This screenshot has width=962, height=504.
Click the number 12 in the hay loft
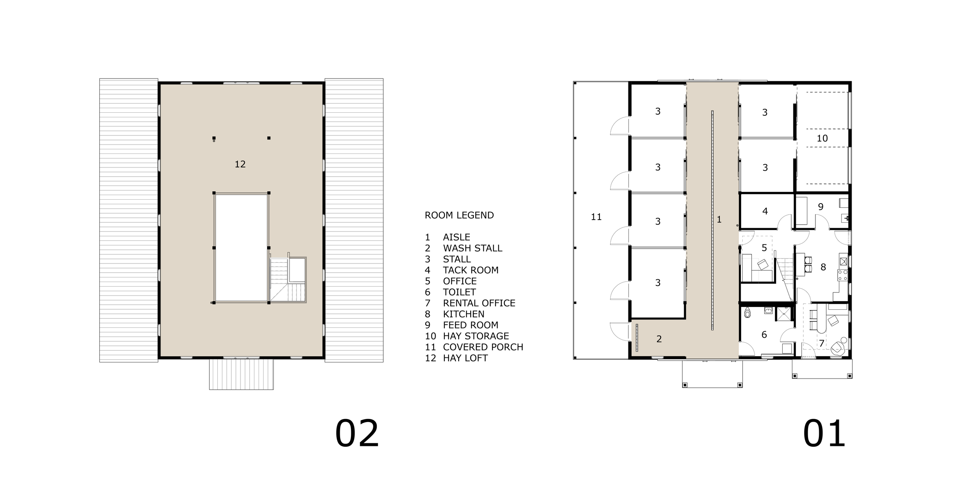240,164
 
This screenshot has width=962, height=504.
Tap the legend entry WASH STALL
472,248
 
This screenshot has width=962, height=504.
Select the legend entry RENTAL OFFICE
479,303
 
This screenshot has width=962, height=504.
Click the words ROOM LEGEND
459,215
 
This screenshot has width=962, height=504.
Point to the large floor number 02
357,434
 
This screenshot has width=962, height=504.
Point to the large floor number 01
824,434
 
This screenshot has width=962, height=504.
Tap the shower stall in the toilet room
782,314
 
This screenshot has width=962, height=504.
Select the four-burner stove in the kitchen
843,275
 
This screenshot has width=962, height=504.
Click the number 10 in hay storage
822,139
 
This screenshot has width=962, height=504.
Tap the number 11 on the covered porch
596,217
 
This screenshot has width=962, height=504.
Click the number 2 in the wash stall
659,339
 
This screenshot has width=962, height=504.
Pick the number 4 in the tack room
765,211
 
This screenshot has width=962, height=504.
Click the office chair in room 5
763,264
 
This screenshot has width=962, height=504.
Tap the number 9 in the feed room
821,207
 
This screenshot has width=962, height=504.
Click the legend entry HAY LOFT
465,358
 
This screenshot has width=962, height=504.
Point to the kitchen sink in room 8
843,262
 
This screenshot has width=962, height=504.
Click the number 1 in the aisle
719,220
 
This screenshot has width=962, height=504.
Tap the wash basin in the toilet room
768,310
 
